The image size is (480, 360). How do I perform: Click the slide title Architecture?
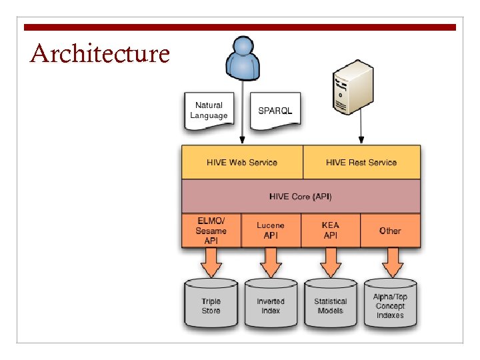coord(100,53)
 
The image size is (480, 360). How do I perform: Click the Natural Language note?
coord(209,111)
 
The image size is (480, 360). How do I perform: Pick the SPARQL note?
coord(275,109)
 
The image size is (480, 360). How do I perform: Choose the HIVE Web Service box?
coord(242,162)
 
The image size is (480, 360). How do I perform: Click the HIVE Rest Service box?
coord(361,162)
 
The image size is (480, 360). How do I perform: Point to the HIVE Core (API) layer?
coord(301,197)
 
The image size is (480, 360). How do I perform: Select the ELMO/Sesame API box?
coord(211,231)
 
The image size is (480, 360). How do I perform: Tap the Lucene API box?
coord(271,231)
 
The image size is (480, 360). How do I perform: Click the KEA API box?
coord(331,231)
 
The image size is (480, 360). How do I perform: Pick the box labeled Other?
coord(390,231)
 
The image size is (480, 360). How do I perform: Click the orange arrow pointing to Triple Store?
coord(211,263)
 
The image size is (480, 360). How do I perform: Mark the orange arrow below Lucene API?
coord(271,263)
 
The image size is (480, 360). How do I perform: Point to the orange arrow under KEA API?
coord(331,263)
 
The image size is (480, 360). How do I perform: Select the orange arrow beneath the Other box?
coord(390,263)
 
